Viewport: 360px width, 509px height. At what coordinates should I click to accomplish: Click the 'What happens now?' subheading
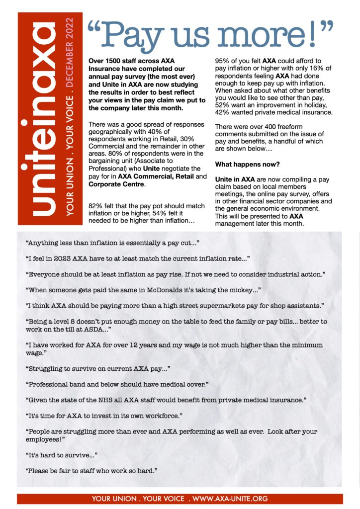(243, 164)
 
